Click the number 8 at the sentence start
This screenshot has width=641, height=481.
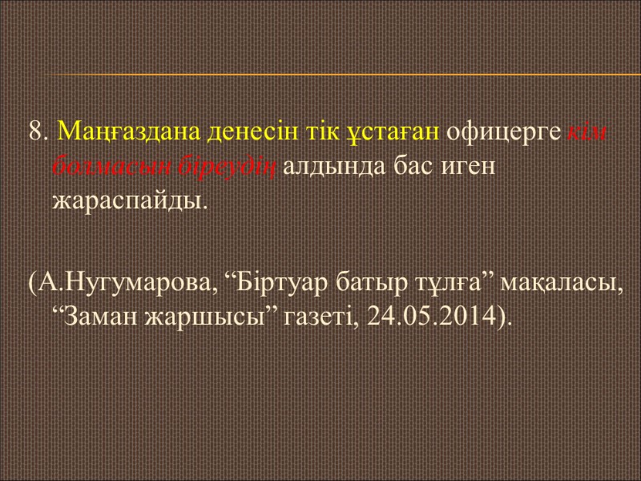pos(37,131)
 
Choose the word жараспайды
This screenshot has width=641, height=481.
pos(128,200)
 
